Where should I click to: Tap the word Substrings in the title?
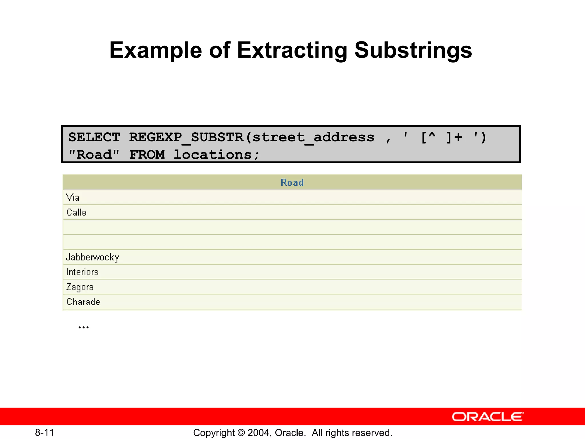(413, 50)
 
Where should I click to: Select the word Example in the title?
(156, 50)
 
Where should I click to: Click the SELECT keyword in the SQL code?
(94, 137)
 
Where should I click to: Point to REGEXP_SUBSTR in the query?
(186, 137)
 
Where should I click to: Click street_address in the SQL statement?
(313, 137)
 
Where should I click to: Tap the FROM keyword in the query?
(147, 155)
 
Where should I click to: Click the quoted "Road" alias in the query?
(94, 155)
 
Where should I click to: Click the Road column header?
(292, 182)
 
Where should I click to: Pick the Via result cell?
(73, 197)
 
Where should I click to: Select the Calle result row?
(76, 212)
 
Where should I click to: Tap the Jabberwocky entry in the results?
(93, 257)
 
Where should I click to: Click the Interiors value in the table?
(82, 272)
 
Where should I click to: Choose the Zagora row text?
(80, 287)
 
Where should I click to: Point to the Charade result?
(83, 302)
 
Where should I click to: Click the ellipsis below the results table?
(83, 327)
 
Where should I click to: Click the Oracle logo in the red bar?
(488, 417)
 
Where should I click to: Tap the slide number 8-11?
(45, 432)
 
